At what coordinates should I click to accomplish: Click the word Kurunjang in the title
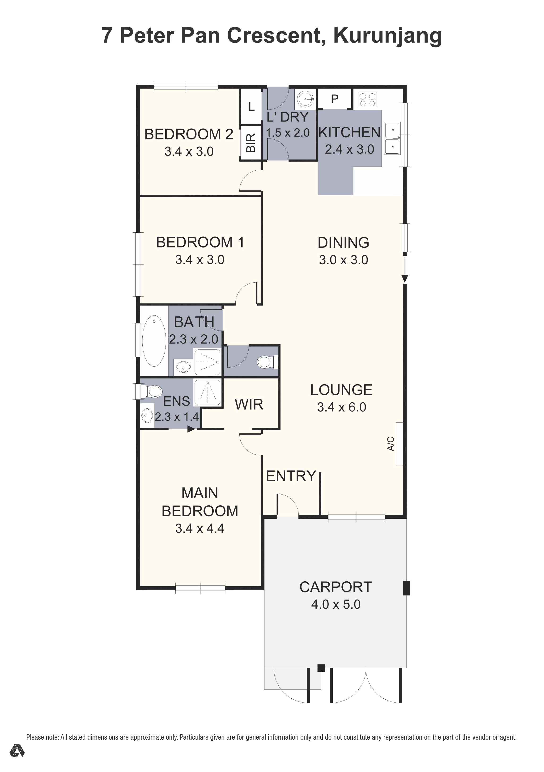[387, 36]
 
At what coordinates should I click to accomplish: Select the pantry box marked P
[334, 99]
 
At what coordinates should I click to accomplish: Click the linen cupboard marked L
[251, 107]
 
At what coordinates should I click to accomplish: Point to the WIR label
[249, 404]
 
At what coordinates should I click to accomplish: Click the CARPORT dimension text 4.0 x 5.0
[336, 604]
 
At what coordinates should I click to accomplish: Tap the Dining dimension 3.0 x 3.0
[344, 260]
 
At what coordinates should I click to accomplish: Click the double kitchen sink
[392, 138]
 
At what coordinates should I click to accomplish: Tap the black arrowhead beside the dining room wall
[405, 278]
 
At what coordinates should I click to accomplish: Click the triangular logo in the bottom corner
[17, 751]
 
